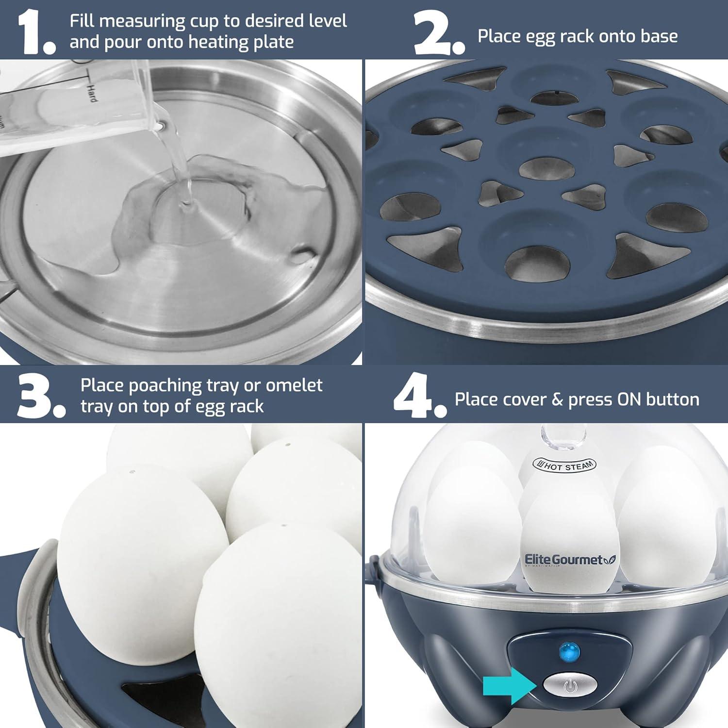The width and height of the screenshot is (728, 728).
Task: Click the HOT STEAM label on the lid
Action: pos(564,465)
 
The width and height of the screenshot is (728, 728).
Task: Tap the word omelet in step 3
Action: pos(294,385)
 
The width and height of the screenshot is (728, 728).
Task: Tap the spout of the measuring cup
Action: pos(160,126)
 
